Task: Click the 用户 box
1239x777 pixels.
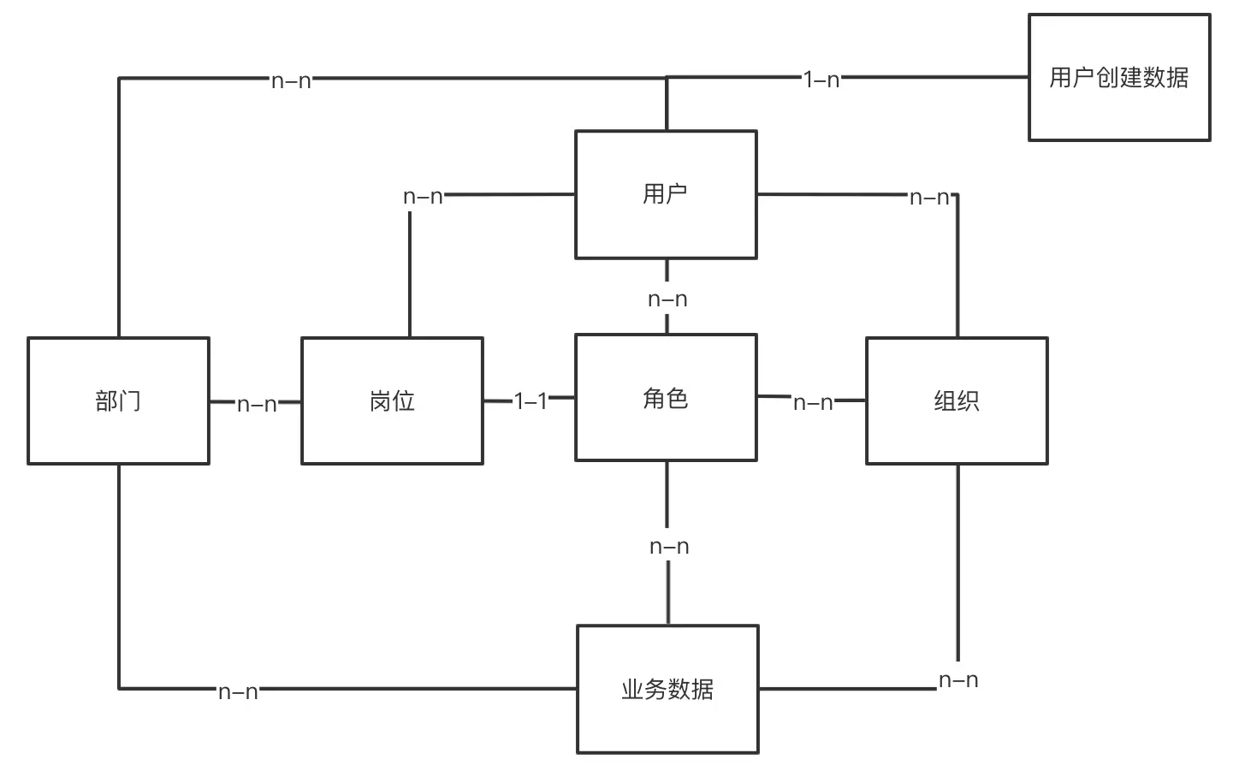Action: (x=666, y=194)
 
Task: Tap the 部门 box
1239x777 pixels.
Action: (x=118, y=400)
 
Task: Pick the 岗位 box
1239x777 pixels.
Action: (x=392, y=400)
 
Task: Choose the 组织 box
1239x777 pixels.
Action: (x=957, y=400)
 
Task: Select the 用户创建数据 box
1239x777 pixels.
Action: (x=1119, y=77)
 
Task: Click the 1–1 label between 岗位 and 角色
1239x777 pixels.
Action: (x=531, y=400)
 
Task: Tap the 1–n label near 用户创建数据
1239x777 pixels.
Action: (x=821, y=80)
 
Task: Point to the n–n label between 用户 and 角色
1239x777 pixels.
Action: (x=667, y=300)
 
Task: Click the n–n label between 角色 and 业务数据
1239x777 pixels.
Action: (x=669, y=547)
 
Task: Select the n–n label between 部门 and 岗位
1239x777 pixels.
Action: (x=257, y=404)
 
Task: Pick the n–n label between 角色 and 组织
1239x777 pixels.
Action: (x=813, y=402)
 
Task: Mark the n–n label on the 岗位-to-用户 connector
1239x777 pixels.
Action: (x=423, y=197)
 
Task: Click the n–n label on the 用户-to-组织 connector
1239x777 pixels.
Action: (x=929, y=198)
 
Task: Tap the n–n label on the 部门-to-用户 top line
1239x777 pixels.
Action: (x=291, y=81)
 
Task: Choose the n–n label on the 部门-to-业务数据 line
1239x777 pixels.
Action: (x=238, y=691)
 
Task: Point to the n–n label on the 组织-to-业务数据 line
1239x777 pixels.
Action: (x=958, y=680)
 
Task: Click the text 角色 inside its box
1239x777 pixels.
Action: (x=666, y=398)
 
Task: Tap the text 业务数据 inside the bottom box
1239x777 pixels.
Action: (x=667, y=689)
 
